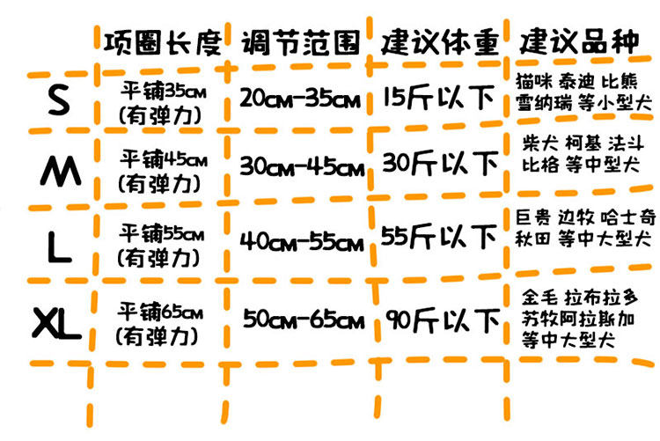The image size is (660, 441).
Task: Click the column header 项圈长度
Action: click(x=162, y=41)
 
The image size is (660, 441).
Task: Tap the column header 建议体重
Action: click(x=439, y=41)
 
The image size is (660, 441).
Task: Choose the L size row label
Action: click(x=59, y=248)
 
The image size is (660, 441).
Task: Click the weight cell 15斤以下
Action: click(x=439, y=97)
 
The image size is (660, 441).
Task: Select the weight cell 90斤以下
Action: click(x=439, y=318)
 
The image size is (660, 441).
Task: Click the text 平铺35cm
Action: click(x=162, y=91)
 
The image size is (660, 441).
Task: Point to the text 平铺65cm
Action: click(x=162, y=312)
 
